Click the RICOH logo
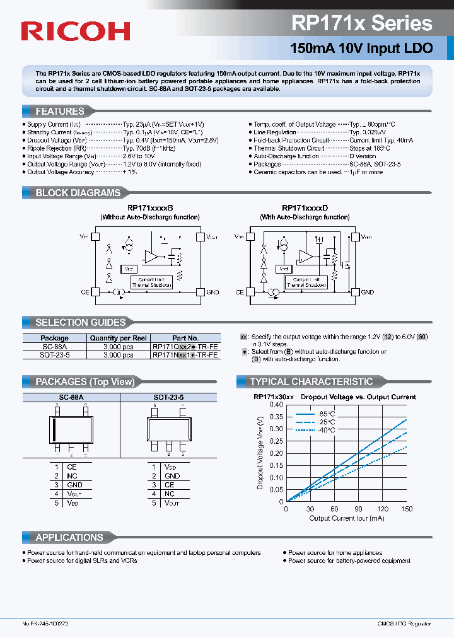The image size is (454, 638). click(x=76, y=31)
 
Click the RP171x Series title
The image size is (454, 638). click(x=362, y=23)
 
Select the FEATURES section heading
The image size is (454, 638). click(x=60, y=112)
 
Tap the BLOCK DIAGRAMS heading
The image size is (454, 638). click(x=78, y=193)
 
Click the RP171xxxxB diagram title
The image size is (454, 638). click(x=150, y=207)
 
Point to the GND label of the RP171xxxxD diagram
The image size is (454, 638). click(x=367, y=293)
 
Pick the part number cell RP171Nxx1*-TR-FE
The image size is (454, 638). click(x=185, y=355)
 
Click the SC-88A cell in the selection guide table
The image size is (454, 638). click(x=54, y=347)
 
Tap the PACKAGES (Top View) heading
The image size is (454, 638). click(x=84, y=382)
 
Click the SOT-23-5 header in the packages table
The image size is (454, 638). click(x=168, y=397)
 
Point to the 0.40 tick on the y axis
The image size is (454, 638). click(x=276, y=405)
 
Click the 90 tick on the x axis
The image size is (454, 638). click(x=358, y=509)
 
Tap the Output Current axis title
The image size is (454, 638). click(x=347, y=518)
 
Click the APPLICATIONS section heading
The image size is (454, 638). click(x=69, y=538)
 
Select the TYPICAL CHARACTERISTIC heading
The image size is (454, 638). click(x=311, y=382)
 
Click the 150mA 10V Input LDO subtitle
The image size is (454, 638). click(x=361, y=48)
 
